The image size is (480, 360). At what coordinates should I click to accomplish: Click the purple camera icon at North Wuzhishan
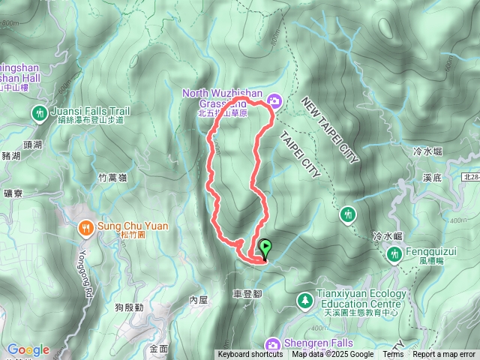(274, 100)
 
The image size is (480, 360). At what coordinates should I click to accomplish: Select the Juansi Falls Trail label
(91, 111)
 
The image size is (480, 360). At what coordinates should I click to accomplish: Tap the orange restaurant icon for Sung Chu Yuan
(85, 226)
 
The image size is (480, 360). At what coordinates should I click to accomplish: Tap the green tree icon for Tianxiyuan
(304, 301)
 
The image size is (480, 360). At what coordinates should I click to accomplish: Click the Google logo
(28, 349)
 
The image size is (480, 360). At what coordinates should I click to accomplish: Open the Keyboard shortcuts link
(250, 355)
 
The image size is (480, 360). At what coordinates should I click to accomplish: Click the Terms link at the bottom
(393, 355)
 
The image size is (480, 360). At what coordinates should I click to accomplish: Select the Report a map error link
(445, 355)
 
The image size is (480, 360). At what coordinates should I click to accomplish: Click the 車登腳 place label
(247, 293)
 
